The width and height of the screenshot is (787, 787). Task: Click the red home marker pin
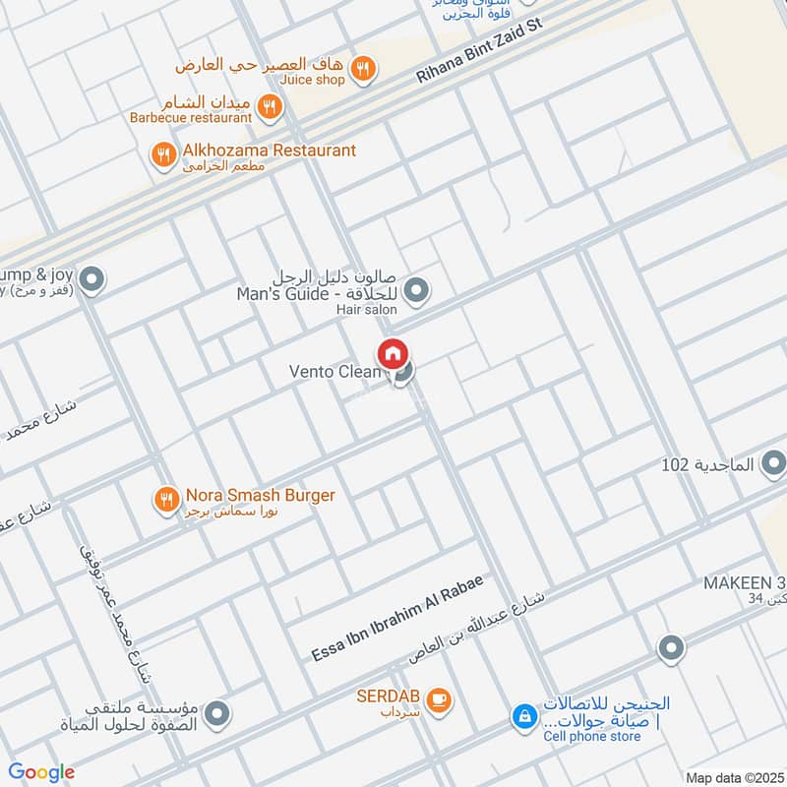[x=392, y=353]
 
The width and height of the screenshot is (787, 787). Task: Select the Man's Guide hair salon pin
[x=417, y=290]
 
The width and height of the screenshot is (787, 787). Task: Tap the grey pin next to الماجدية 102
[x=773, y=462]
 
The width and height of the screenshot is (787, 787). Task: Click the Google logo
[x=40, y=772]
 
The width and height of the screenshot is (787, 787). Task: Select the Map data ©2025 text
[x=732, y=777]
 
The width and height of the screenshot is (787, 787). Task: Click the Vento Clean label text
[x=333, y=372]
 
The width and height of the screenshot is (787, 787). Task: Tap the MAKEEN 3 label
[x=743, y=582]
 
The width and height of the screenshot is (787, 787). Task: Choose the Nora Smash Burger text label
[x=259, y=495]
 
